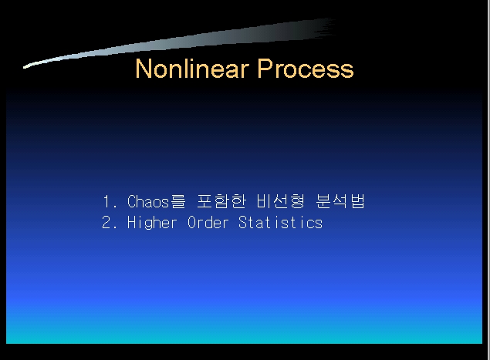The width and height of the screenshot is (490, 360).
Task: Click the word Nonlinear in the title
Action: click(x=192, y=69)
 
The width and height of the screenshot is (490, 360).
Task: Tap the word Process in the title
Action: click(x=306, y=69)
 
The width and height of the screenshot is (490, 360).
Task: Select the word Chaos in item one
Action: click(x=148, y=201)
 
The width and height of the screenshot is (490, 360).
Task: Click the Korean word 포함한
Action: click(x=221, y=201)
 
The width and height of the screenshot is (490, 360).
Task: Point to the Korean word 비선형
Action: click(x=280, y=201)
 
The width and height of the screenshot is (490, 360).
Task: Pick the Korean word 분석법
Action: click(x=340, y=201)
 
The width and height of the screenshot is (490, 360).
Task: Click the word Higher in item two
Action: click(x=152, y=223)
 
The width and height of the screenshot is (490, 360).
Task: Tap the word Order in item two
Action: click(x=208, y=223)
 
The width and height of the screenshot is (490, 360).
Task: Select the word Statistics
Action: click(x=280, y=223)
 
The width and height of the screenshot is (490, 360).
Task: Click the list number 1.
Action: click(x=107, y=201)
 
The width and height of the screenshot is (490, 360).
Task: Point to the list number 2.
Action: click(x=107, y=223)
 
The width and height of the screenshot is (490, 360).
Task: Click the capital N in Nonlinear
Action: click(x=144, y=69)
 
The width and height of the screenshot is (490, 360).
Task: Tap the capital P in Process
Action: click(x=265, y=69)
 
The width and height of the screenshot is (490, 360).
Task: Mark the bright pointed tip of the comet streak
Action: click(x=25, y=67)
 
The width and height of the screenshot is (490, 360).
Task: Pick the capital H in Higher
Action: click(x=131, y=223)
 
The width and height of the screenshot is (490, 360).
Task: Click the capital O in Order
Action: click(x=192, y=223)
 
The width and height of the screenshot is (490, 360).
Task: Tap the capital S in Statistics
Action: click(x=243, y=223)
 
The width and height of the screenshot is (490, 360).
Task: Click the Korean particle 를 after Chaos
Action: click(x=178, y=201)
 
